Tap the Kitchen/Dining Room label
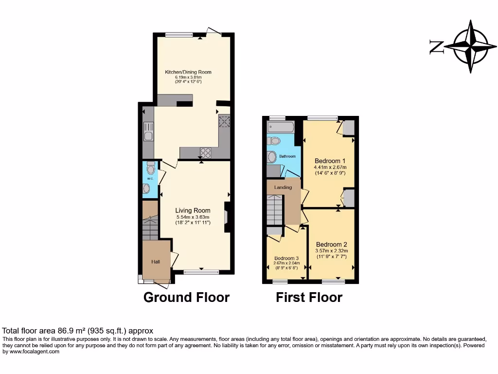click(188, 72)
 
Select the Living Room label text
click(192, 211)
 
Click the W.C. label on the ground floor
click(150, 178)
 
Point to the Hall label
click(156, 262)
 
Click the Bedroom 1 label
click(330, 161)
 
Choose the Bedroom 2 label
click(331, 244)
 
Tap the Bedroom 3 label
click(286, 258)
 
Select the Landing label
click(283, 187)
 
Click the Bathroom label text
click(287, 156)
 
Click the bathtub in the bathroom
click(281, 128)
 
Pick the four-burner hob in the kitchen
click(205, 153)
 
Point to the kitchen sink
click(148, 131)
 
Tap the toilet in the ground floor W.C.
click(150, 168)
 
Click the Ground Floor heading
click(186, 297)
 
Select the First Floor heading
click(309, 297)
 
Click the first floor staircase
click(275, 210)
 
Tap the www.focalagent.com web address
click(34, 352)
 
